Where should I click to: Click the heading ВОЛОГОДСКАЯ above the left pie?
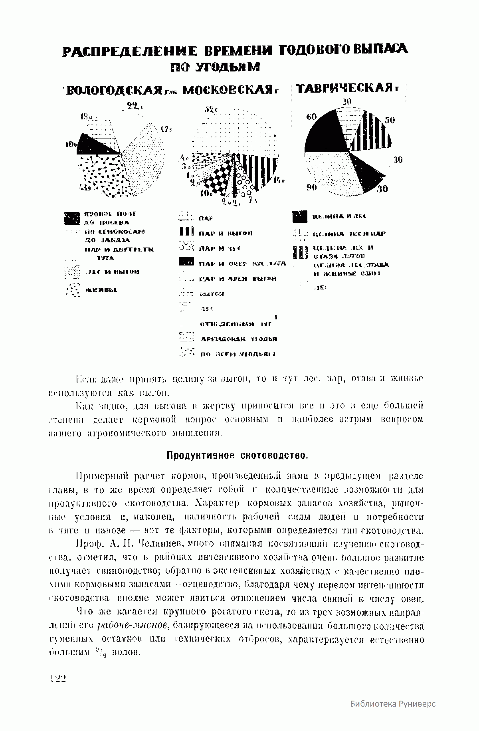click(x=114, y=91)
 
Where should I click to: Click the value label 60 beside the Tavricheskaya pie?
click(x=311, y=117)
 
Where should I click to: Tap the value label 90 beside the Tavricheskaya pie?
click(x=312, y=187)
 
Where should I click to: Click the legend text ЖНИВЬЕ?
click(x=100, y=289)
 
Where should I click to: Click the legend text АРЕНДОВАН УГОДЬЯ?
click(x=239, y=339)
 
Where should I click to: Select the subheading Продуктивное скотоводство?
click(x=238, y=455)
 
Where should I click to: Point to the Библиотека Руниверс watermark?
click(x=393, y=703)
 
